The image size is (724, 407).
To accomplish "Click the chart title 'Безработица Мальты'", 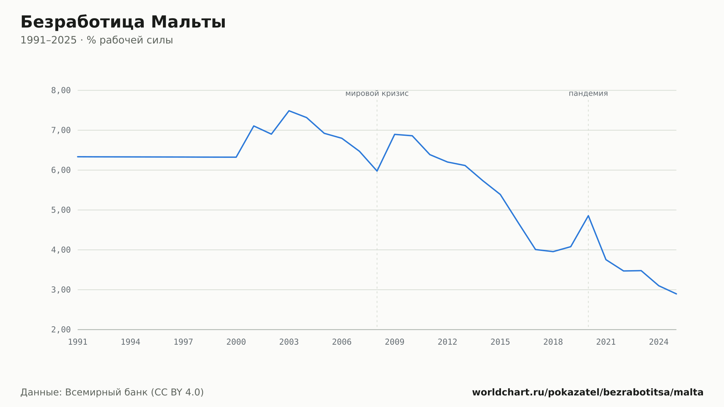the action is (x=123, y=22).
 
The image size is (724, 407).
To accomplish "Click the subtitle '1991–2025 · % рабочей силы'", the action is (x=97, y=40).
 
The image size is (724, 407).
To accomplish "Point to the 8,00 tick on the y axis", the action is (x=61, y=91).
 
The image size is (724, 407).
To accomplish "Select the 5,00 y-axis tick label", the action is (x=61, y=210).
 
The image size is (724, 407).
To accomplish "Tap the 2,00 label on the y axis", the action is (x=61, y=330).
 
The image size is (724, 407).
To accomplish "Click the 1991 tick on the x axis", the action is (x=78, y=342).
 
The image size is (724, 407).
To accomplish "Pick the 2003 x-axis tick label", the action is (x=289, y=342).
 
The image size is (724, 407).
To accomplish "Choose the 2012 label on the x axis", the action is (x=447, y=342).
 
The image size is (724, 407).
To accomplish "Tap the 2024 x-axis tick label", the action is (x=659, y=342).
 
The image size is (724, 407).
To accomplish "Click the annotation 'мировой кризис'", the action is (x=377, y=93).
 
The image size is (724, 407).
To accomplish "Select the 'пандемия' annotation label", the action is (x=588, y=93).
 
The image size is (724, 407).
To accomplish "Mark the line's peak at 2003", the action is (x=289, y=110).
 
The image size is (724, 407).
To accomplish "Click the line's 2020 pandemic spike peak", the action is (x=588, y=215).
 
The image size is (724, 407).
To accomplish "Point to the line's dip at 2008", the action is (x=377, y=171).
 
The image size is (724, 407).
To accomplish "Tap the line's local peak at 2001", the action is (x=254, y=126).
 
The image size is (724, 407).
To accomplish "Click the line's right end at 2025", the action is (x=676, y=294).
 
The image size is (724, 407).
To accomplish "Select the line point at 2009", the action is (x=395, y=134).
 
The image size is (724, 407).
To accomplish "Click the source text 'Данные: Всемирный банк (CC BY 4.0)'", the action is (x=112, y=392).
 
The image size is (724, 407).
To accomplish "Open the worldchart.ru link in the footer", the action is (x=588, y=392).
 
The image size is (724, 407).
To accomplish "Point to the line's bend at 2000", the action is (x=236, y=157).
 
